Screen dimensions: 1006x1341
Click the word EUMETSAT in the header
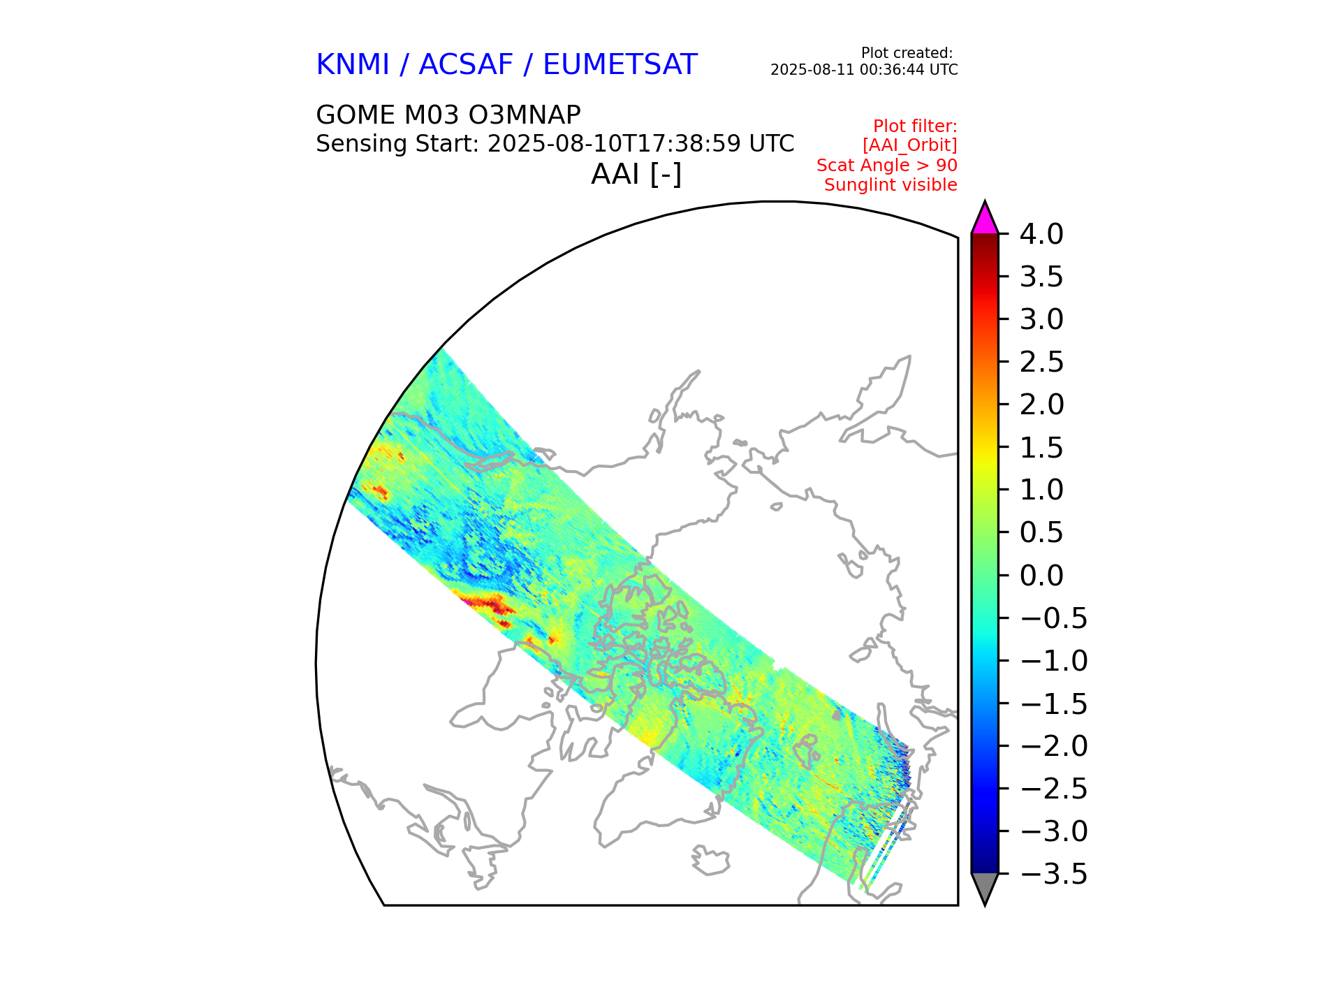tap(620, 65)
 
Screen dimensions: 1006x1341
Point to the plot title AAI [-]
tap(636, 174)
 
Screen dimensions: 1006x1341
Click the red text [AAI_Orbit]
tap(909, 145)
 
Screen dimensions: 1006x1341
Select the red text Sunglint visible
tap(891, 185)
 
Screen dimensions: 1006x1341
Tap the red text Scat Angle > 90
tap(886, 166)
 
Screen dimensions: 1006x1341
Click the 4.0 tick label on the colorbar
tap(1041, 235)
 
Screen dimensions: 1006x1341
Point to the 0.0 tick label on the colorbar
tap(1041, 576)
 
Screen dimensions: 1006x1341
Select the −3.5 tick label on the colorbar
tap(1053, 874)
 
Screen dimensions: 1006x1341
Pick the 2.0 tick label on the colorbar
tap(1041, 404)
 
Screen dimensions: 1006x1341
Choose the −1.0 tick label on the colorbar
tap(1053, 661)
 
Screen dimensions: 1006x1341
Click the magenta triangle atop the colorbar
tap(985, 219)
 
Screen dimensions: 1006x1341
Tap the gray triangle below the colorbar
tap(985, 887)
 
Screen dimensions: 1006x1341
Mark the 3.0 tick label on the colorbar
tap(1041, 319)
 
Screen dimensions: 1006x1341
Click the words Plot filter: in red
tap(915, 126)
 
